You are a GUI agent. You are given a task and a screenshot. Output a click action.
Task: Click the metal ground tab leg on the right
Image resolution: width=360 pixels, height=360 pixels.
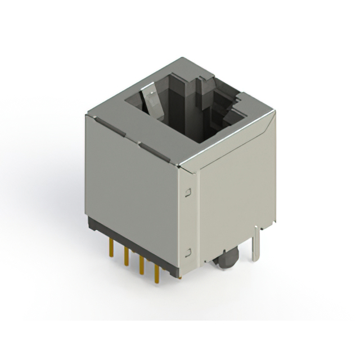click(x=256, y=242)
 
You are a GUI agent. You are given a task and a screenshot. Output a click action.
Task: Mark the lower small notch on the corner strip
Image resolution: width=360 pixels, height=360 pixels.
click(x=189, y=251)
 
